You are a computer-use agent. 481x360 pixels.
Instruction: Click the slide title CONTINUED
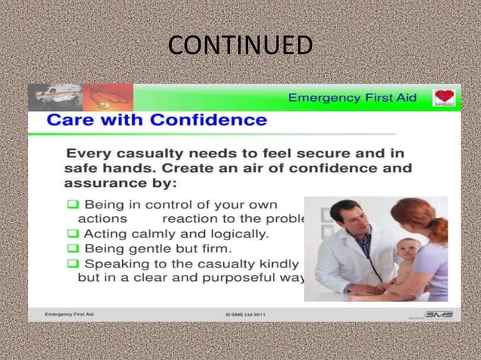pyautogui.click(x=240, y=45)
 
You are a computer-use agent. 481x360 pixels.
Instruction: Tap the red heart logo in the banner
pyautogui.click(x=443, y=98)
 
